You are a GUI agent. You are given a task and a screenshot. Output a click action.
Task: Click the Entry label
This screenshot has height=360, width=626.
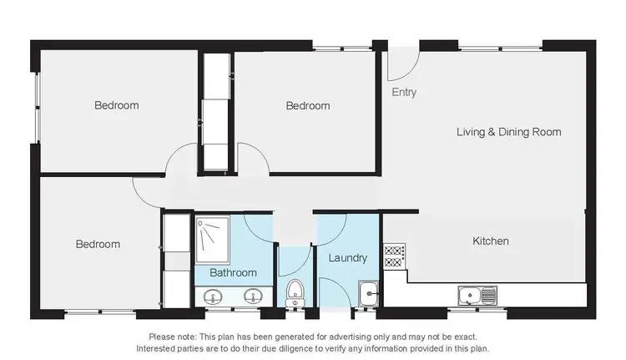coord(404,93)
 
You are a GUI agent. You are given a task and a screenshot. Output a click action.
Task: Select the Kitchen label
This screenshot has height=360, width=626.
coord(491,241)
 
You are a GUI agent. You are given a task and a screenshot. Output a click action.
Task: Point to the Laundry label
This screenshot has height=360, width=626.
coord(347,258)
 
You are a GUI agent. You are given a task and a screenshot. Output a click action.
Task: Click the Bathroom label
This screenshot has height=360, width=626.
coord(233,272)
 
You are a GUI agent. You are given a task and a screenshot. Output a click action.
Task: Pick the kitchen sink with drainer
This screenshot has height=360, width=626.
coord(477,294)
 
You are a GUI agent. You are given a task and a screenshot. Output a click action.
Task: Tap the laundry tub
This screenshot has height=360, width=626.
coord(369,292)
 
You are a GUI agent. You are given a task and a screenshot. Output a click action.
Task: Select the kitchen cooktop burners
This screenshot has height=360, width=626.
coord(394,256)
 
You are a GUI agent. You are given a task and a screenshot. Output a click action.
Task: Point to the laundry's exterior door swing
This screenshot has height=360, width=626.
coord(334,297)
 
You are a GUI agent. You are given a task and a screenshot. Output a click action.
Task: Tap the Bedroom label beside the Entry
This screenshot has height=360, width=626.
coord(307,106)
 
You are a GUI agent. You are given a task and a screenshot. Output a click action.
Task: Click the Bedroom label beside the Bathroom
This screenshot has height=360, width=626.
coord(98,245)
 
